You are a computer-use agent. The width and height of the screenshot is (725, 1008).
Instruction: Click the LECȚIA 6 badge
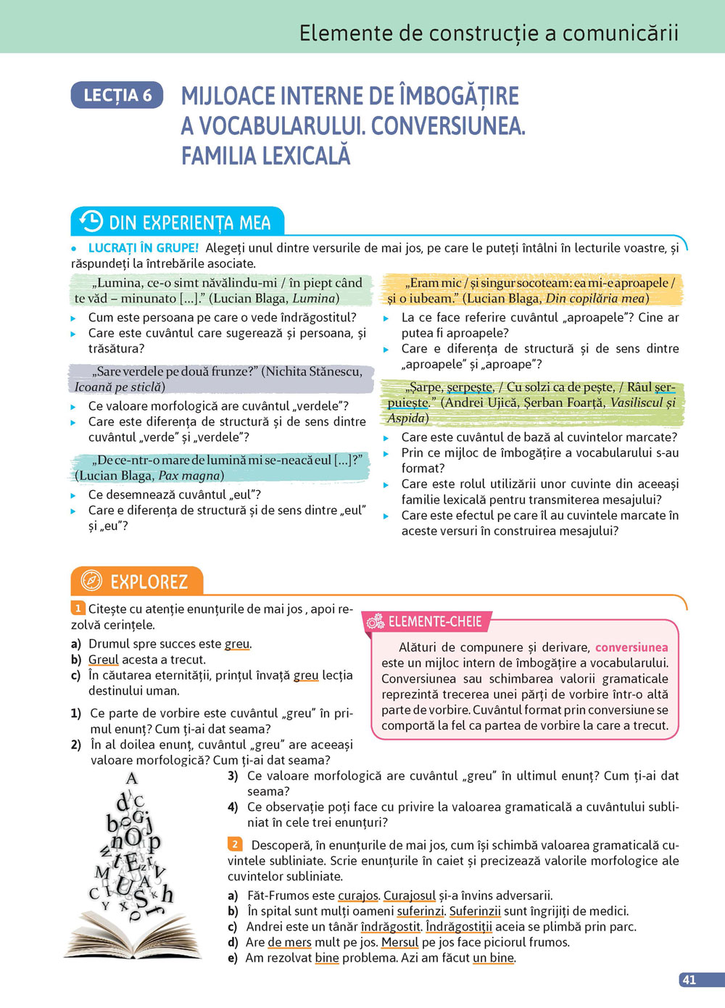click(x=117, y=95)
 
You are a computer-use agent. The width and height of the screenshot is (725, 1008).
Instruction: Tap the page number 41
click(x=689, y=980)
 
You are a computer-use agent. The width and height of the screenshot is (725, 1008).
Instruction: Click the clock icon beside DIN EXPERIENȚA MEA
click(x=91, y=221)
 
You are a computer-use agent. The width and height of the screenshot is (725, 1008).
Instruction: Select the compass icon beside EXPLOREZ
click(x=91, y=581)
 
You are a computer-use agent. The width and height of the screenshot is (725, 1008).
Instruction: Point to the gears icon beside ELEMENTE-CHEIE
click(x=376, y=621)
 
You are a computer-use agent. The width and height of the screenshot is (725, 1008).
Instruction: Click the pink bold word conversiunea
click(x=631, y=647)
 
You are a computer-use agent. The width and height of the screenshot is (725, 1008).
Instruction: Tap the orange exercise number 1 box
click(x=78, y=608)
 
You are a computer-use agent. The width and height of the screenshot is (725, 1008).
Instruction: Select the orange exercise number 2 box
click(x=235, y=844)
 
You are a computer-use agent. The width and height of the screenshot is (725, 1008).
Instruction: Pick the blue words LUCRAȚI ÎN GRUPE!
click(x=143, y=248)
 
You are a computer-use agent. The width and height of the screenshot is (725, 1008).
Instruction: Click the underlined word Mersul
click(x=400, y=942)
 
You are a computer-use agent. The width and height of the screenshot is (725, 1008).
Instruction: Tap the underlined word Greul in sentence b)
click(x=103, y=659)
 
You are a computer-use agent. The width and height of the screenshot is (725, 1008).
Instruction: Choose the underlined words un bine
click(x=493, y=958)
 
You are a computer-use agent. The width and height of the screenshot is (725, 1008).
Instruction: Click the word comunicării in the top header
click(x=621, y=33)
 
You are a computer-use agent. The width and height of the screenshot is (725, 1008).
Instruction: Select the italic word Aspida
click(x=406, y=418)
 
